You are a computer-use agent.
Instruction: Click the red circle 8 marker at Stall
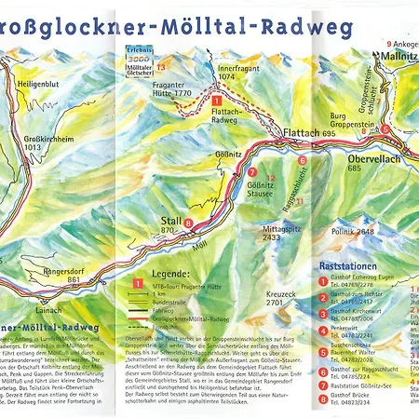[x=188, y=223]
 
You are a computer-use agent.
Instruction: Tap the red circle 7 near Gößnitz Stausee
[x=251, y=172]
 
